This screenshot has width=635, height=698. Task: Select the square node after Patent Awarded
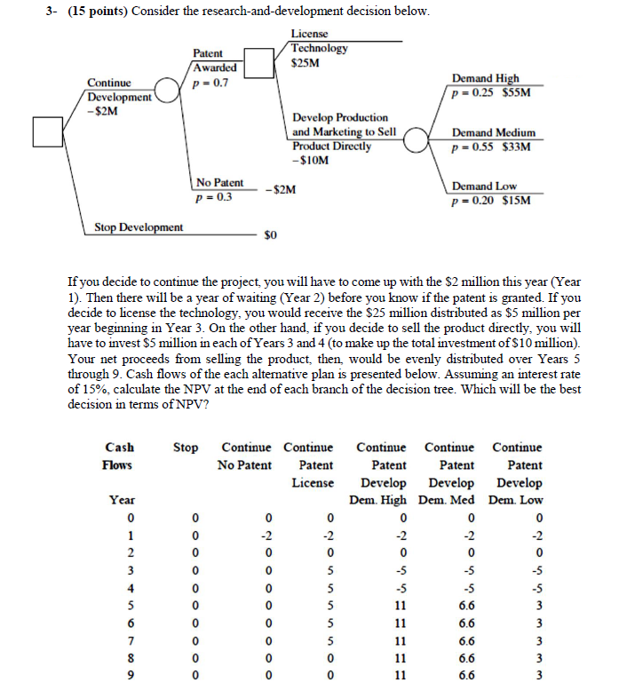[x=258, y=63]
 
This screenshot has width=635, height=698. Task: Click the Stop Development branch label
[x=139, y=227]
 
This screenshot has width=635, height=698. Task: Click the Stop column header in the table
[x=185, y=448]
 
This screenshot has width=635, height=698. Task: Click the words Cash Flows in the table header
[x=118, y=456]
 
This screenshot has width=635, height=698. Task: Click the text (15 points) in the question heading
[x=97, y=12]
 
